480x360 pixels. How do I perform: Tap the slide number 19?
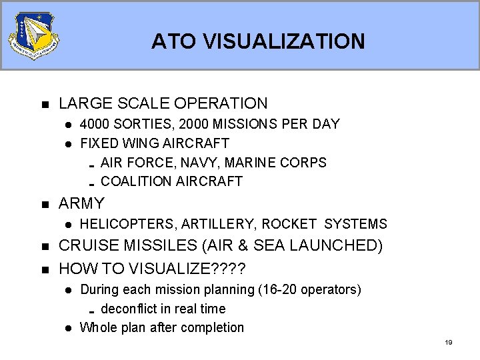pos(448,343)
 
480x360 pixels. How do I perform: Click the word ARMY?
pos(81,203)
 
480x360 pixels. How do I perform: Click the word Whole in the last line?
pos(99,327)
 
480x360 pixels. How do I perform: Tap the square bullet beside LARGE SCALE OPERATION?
pos(45,105)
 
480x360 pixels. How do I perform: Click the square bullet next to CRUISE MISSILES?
pos(45,247)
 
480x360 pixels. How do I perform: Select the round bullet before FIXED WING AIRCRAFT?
pos(67,144)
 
